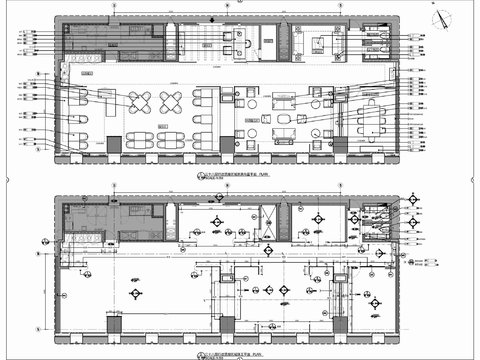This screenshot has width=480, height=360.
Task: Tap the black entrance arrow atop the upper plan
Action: pos(241,13)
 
